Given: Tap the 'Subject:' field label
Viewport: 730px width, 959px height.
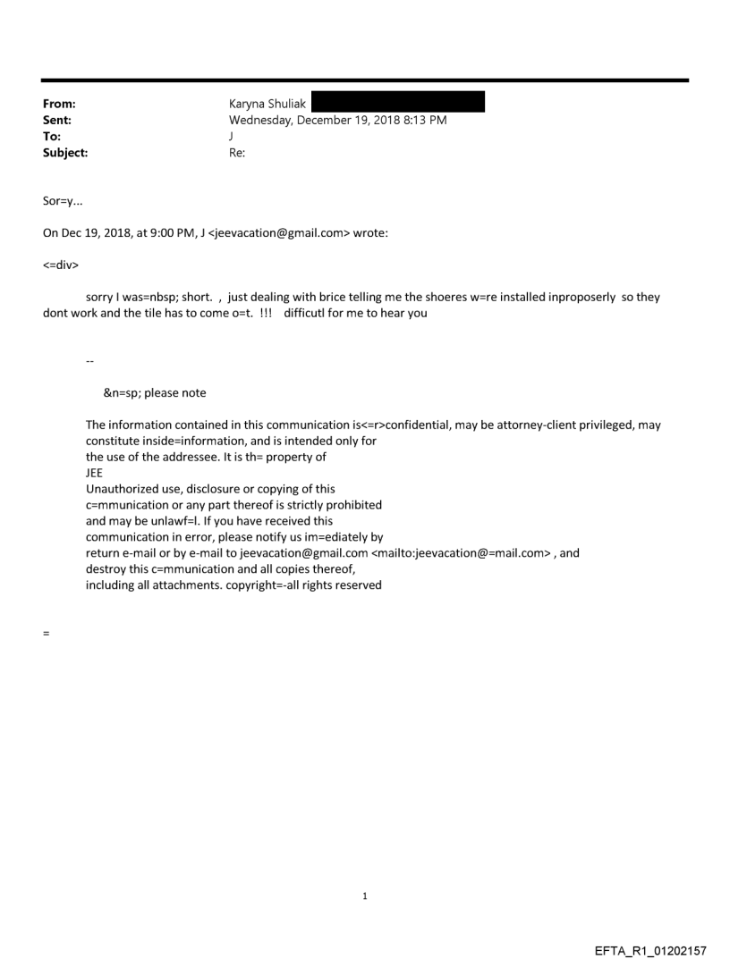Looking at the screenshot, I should (x=64, y=153).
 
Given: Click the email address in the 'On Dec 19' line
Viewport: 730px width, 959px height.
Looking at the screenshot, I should (x=281, y=235).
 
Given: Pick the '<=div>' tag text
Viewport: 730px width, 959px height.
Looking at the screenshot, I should (x=61, y=265).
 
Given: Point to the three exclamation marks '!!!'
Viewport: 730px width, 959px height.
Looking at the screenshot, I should (x=267, y=314).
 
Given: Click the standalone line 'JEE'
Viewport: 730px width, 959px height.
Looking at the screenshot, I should (x=95, y=473).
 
